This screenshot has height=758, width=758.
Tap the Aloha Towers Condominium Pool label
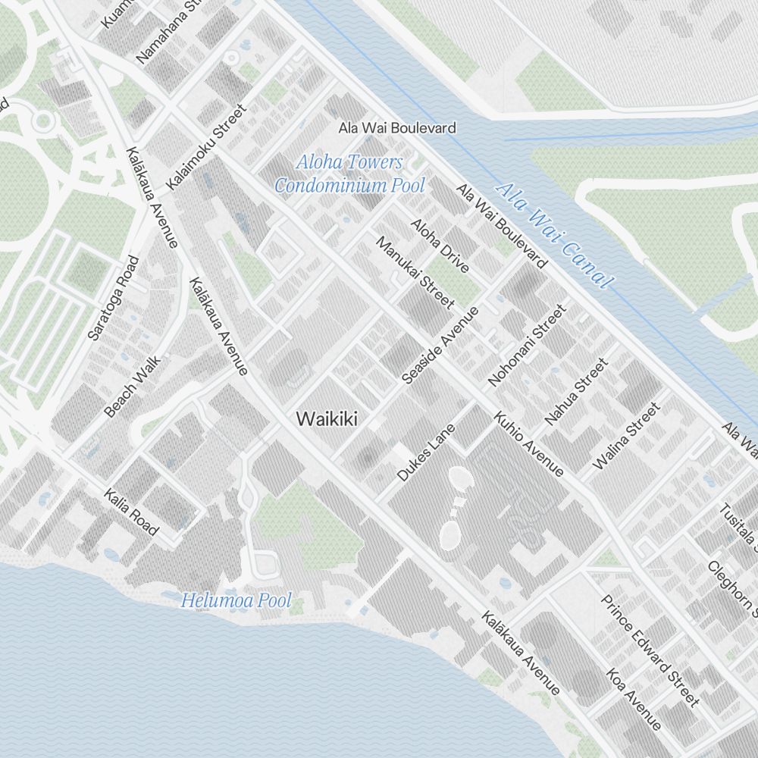point(349,174)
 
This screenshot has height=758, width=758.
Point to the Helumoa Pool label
point(236,601)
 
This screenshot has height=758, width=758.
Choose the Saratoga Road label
point(114,298)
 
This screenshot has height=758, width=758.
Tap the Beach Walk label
point(133,386)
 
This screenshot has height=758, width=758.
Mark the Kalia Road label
point(132,512)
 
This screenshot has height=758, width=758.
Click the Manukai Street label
point(415,273)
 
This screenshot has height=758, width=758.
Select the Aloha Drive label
point(440,245)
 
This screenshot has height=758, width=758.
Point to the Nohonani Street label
point(528,346)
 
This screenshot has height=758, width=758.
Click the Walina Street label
point(626,436)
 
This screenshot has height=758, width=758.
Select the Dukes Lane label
point(426,453)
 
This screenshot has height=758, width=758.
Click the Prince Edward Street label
point(650,650)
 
